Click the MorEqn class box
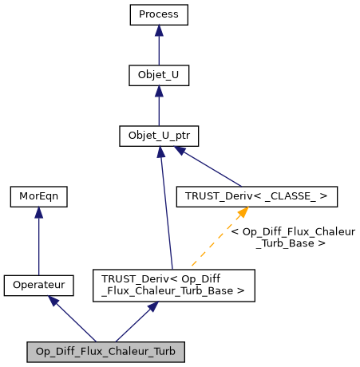38,195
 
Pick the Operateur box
38,283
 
